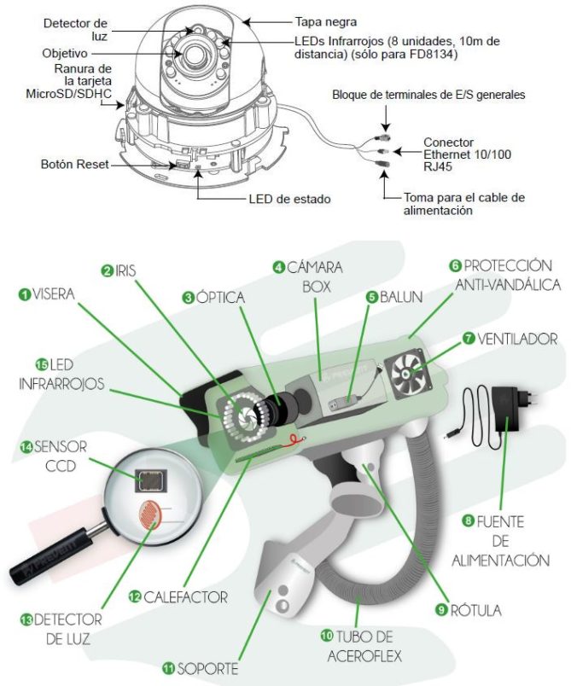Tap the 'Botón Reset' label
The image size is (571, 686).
click(x=74, y=164)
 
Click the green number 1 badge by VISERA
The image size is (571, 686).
click(x=26, y=294)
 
